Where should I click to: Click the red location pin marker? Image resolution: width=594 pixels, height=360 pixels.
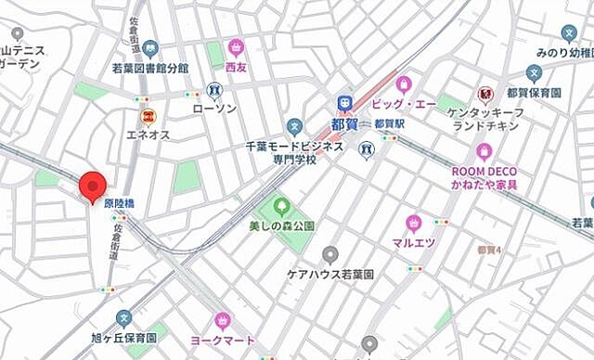(92, 186)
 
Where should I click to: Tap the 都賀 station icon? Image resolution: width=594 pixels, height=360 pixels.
(344, 102)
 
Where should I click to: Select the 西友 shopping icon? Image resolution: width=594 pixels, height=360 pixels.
(236, 47)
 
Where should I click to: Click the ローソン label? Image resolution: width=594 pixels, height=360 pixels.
(214, 109)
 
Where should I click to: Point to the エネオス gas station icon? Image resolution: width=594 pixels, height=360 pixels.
(147, 116)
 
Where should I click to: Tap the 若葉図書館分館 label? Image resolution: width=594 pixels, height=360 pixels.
(149, 68)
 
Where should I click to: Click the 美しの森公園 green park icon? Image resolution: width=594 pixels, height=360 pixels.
(281, 205)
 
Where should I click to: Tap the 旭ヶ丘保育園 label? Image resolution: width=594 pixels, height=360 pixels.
(123, 339)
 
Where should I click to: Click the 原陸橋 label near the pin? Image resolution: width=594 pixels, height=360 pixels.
(119, 202)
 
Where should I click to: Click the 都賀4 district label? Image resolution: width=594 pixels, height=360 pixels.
(489, 251)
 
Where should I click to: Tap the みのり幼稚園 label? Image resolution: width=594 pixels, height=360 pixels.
(562, 52)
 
